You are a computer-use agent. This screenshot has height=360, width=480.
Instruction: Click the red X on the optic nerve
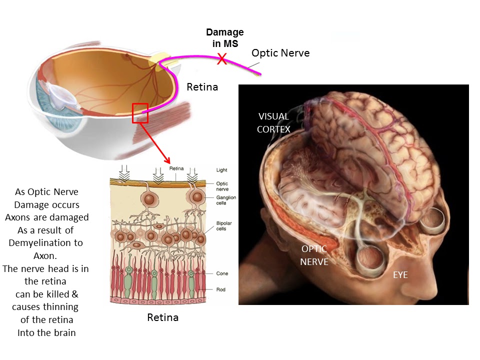(221, 60)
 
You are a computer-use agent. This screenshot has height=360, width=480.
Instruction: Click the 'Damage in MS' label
(225, 38)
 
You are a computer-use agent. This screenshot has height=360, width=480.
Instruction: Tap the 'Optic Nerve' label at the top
(280, 53)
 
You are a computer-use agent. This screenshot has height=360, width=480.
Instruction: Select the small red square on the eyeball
(140, 112)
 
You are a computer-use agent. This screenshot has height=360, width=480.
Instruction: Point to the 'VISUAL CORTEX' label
(273, 122)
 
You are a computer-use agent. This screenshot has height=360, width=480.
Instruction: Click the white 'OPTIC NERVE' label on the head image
(314, 255)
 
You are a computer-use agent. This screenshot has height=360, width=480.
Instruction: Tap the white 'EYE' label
(400, 274)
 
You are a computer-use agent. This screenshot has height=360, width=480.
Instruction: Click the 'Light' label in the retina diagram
(221, 170)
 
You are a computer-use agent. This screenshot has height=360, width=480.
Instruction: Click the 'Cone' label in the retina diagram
(222, 274)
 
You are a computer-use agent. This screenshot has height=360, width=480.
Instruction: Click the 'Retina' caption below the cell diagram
(163, 317)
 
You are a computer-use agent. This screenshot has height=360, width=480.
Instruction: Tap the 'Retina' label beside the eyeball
(202, 87)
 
